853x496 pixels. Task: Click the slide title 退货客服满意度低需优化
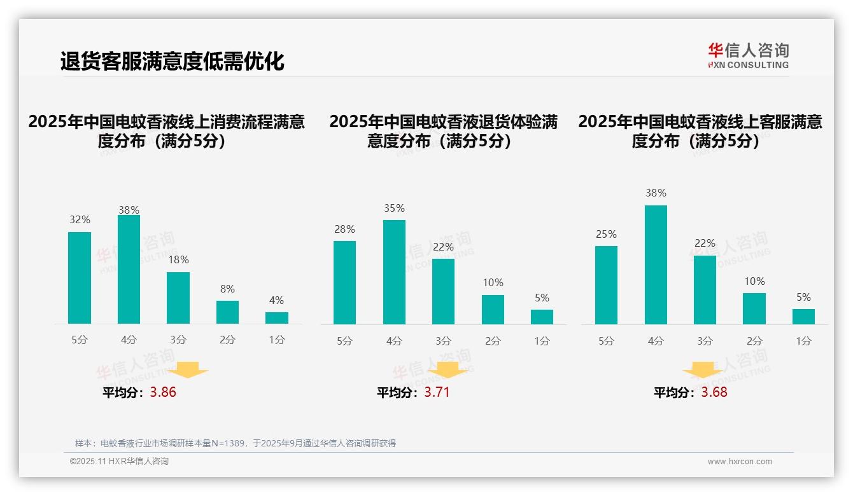click(172, 62)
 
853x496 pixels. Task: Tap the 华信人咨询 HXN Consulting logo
click(748, 55)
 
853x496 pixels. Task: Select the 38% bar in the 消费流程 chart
click(129, 269)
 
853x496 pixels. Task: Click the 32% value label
click(80, 220)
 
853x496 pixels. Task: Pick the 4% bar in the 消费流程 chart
click(277, 317)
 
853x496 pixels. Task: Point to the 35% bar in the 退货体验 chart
click(394, 272)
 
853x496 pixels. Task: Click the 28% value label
click(344, 230)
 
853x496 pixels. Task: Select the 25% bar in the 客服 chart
click(606, 285)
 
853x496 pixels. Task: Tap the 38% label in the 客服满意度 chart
click(656, 193)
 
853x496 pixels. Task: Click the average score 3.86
click(163, 392)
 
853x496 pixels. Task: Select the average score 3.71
click(437, 392)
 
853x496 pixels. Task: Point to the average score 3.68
click(714, 392)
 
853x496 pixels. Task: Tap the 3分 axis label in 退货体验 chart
click(443, 341)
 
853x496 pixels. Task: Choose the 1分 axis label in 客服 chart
click(803, 341)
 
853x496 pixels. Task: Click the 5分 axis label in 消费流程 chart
click(80, 340)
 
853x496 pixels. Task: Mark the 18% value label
click(178, 260)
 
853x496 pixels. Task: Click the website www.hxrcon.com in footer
click(740, 462)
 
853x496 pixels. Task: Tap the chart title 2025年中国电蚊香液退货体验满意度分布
click(443, 131)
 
